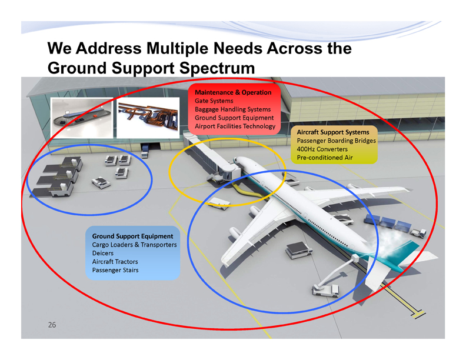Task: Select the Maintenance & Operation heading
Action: click(x=233, y=92)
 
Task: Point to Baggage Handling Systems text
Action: click(x=232, y=109)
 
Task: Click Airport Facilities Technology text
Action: click(x=234, y=126)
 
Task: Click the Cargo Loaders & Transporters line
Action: click(x=135, y=244)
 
